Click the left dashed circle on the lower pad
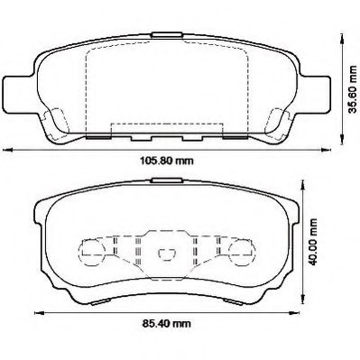click(92, 250)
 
